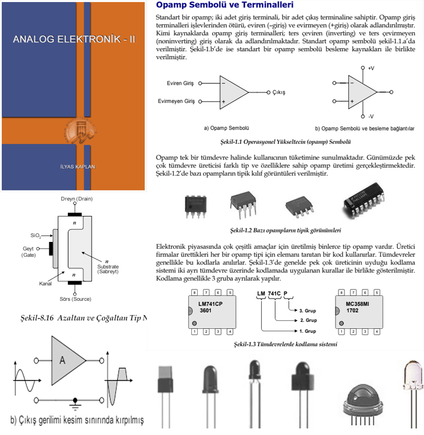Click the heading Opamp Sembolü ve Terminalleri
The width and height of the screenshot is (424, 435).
(x=225, y=6)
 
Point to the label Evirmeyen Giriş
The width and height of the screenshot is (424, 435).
(x=176, y=101)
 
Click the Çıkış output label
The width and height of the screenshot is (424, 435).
(x=279, y=92)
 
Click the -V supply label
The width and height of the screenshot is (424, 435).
(x=371, y=116)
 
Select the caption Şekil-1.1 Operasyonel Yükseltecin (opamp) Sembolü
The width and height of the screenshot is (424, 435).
(x=286, y=142)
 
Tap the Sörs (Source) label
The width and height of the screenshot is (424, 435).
(x=75, y=299)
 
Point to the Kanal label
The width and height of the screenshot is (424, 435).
(x=45, y=284)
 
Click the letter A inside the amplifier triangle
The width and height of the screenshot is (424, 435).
(x=62, y=361)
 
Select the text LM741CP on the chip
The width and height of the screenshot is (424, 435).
(x=210, y=304)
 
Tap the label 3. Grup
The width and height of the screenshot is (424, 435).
(x=308, y=310)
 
